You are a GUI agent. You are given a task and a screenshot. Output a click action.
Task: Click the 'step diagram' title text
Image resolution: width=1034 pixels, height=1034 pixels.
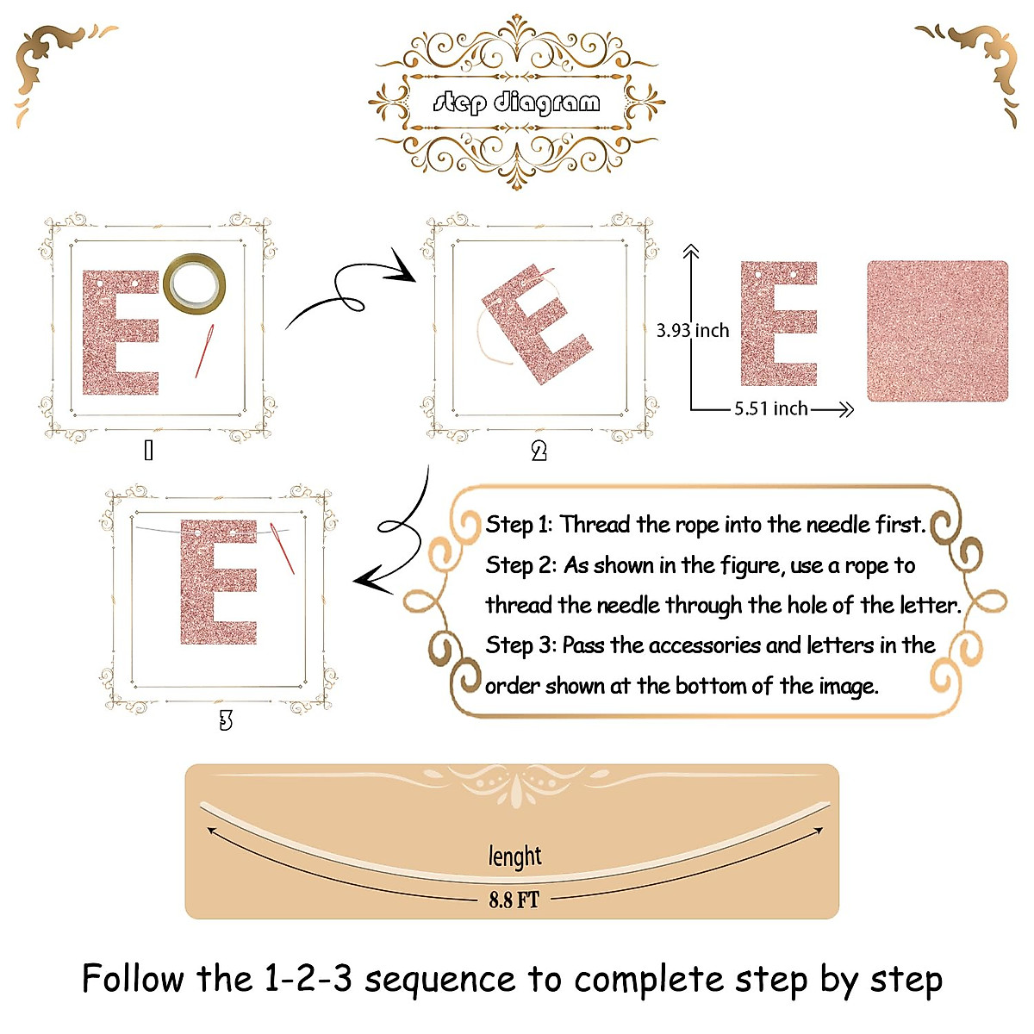(516, 103)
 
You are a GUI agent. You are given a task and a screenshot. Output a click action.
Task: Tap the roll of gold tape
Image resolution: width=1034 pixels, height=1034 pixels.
(196, 283)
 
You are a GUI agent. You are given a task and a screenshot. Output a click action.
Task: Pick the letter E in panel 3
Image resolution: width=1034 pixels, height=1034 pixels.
(217, 582)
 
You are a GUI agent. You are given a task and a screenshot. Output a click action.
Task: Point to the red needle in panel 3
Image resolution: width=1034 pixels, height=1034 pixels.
(283, 547)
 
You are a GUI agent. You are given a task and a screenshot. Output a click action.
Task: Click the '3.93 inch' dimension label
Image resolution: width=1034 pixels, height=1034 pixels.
(693, 331)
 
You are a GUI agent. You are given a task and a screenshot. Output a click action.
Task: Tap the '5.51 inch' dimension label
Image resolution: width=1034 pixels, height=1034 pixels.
(770, 408)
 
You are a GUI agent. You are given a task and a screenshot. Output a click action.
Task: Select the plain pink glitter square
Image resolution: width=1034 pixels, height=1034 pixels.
(937, 331)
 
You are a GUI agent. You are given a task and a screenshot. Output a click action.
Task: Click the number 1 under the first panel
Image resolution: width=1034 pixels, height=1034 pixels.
(148, 450)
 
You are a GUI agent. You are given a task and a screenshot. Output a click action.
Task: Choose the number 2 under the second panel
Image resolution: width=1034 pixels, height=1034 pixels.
(539, 451)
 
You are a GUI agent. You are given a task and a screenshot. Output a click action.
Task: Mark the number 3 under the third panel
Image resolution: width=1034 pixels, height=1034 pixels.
(226, 720)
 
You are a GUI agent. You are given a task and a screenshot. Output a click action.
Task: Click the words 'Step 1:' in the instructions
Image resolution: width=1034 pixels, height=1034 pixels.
(519, 525)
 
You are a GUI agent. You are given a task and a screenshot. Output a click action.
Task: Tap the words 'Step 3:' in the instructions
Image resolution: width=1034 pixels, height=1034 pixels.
(520, 645)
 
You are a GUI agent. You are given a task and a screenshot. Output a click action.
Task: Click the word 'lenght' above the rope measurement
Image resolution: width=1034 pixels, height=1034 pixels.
(514, 856)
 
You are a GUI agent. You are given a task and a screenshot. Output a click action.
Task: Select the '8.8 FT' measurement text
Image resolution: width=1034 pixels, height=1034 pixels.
(514, 900)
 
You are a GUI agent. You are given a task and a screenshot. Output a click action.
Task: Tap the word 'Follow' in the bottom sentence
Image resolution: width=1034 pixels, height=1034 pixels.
(133, 980)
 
